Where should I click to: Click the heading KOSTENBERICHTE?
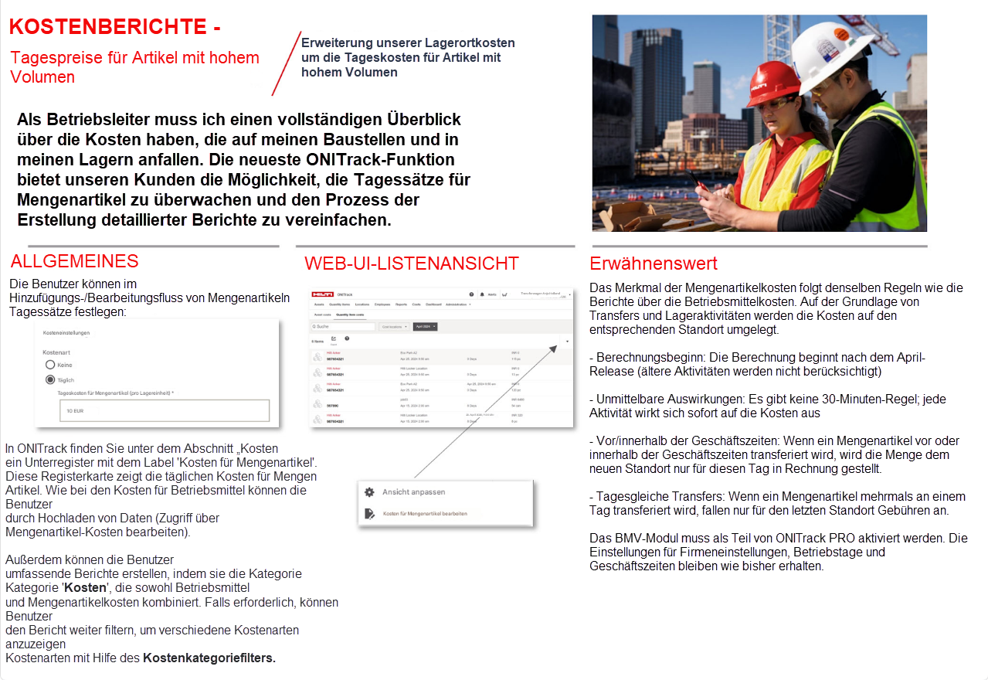[x=114, y=27]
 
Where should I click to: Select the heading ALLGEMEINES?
[x=74, y=261]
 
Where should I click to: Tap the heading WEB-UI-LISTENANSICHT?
[x=411, y=263]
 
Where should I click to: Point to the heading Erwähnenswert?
[x=654, y=263]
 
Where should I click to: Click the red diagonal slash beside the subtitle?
[x=286, y=64]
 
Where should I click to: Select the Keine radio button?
[x=50, y=364]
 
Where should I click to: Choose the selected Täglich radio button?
[x=50, y=379]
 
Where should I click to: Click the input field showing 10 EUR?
[x=164, y=410]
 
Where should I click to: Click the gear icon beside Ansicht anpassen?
[x=369, y=492]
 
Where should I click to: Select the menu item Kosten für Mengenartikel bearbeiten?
[x=424, y=513]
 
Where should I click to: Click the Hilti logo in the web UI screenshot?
[x=322, y=294]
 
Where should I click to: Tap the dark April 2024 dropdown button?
[x=425, y=327]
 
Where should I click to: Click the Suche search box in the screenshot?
[x=342, y=327]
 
